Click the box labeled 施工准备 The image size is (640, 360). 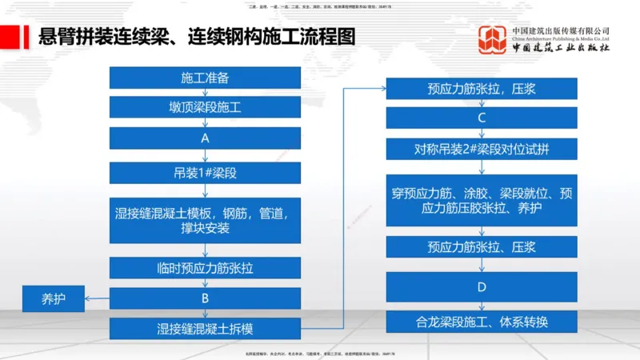[x=205, y=78]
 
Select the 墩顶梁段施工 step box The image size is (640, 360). [x=205, y=106]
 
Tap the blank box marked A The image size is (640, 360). [x=205, y=138]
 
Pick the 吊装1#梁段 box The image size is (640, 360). [x=205, y=173]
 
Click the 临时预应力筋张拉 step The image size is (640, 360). [x=205, y=267]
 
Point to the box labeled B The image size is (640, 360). [x=205, y=298]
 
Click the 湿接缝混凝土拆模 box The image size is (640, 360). [x=205, y=328]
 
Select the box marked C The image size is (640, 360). [x=481, y=118]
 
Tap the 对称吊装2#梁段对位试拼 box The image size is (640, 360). [x=481, y=149]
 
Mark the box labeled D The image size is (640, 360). [x=481, y=286]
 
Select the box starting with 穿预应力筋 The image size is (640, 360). [x=481, y=200]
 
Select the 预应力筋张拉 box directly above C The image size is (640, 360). [x=481, y=89]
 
